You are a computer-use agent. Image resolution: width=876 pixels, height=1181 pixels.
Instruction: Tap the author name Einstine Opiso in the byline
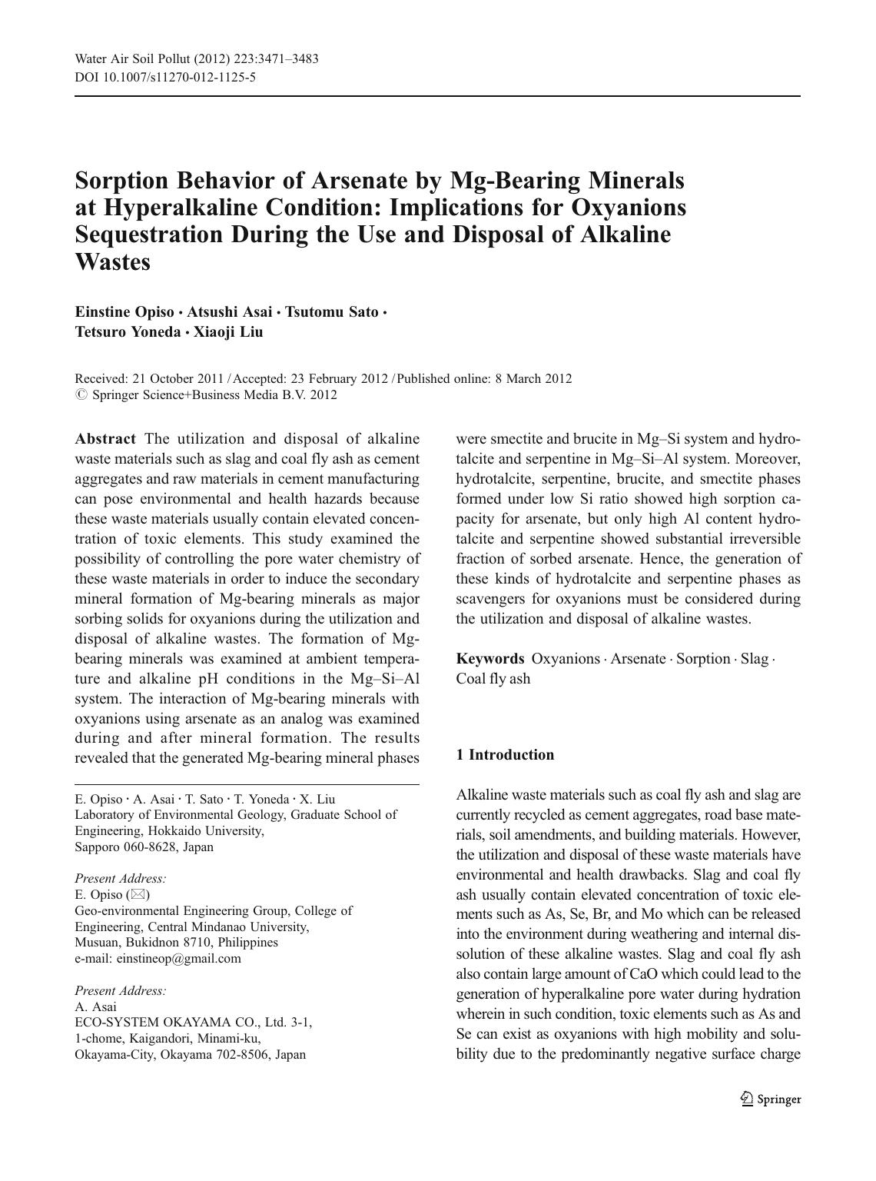click(x=124, y=311)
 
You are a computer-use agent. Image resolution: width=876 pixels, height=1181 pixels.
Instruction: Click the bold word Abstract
click(x=105, y=439)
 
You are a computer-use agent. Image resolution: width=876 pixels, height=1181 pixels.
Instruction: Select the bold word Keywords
click(x=490, y=659)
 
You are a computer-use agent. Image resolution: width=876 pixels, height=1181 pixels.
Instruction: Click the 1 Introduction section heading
click(x=505, y=755)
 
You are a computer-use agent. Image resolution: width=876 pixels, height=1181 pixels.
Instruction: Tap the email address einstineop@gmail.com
click(x=178, y=959)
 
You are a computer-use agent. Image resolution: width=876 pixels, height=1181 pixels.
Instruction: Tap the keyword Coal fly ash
click(x=493, y=679)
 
